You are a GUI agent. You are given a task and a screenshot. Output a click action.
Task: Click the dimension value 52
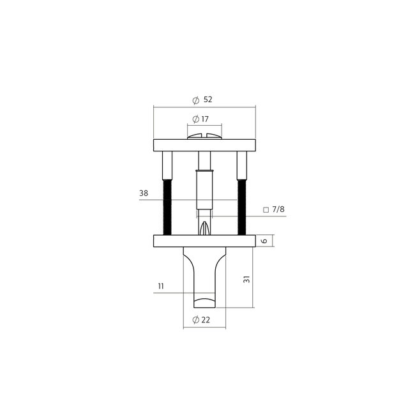[x=207, y=100]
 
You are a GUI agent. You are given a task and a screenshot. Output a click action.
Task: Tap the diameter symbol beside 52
[x=195, y=100]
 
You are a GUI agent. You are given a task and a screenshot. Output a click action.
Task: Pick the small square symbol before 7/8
[x=265, y=209]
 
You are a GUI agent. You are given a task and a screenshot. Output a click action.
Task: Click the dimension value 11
[x=162, y=287]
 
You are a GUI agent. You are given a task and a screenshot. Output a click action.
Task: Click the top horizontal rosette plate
[x=204, y=145]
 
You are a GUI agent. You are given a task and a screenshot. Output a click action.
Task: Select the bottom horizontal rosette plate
[x=204, y=241]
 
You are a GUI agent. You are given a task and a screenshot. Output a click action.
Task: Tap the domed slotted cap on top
[x=204, y=135]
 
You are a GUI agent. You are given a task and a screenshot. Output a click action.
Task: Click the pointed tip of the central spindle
[x=204, y=229]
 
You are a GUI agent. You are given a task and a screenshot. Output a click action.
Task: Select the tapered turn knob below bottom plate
[x=204, y=278]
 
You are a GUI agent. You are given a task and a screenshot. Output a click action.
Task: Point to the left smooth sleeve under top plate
[x=167, y=165]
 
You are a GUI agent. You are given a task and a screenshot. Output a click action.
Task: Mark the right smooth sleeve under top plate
[x=241, y=165]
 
